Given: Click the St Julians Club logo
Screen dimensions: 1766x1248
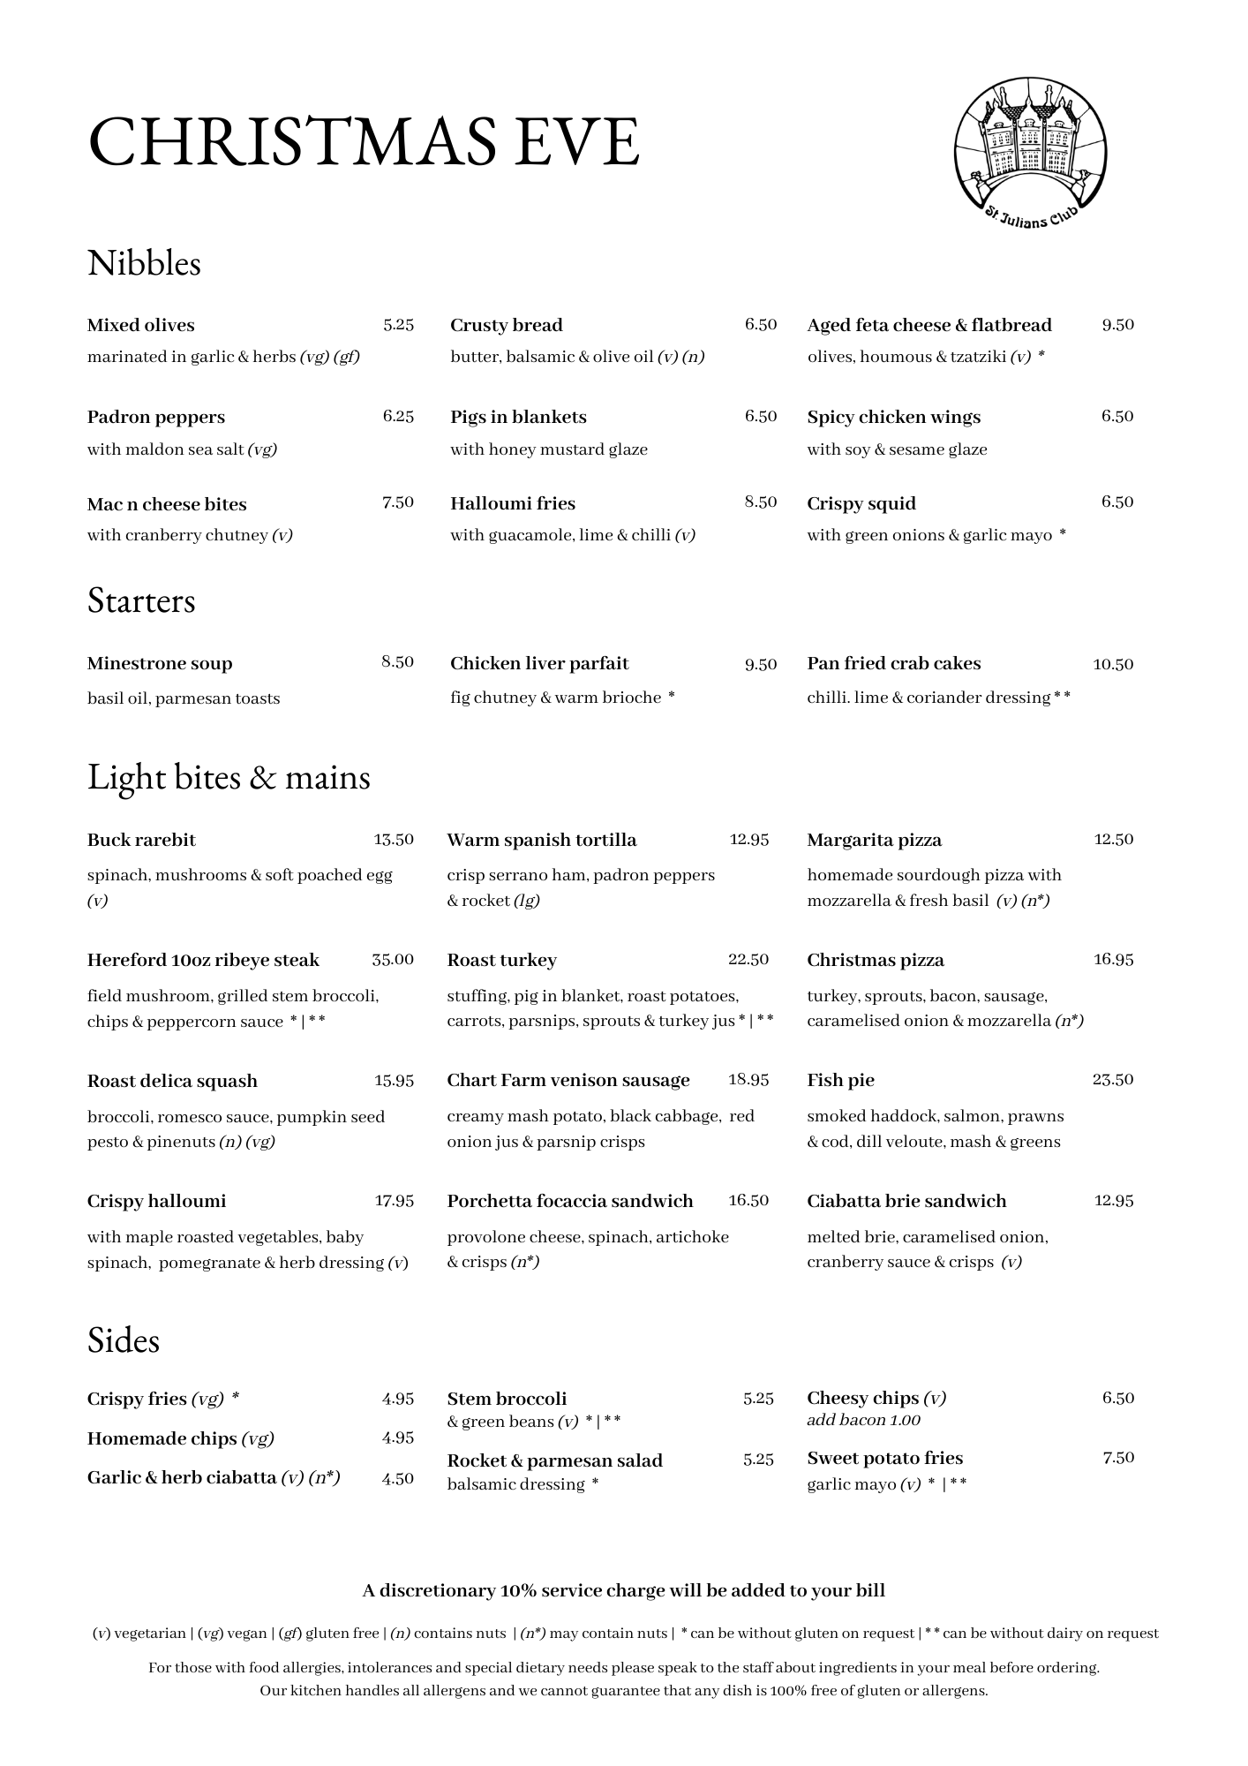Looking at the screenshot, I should coord(1030,155).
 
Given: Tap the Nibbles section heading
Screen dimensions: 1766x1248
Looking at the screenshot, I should coord(144,263).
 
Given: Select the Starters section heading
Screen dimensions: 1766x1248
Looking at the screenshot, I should coord(141,601).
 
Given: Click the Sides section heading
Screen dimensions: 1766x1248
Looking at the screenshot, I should coord(124,1340).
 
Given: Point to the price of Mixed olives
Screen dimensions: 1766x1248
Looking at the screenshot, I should coord(398,325).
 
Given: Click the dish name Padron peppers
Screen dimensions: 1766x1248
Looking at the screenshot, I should coord(156,417).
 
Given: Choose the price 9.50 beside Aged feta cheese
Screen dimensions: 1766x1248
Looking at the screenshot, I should coord(1117,325).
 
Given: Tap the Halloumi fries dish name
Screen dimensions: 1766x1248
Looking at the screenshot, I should coord(513,503).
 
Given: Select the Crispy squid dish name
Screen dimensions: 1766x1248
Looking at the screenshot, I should coord(861,503).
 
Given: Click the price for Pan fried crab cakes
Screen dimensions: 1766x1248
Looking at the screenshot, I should coord(1113,664).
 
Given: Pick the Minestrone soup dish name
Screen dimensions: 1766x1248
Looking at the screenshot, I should coord(160,663).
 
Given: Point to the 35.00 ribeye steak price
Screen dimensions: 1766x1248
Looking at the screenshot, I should coord(393,960).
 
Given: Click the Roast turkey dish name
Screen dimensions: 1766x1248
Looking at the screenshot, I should coord(502,960).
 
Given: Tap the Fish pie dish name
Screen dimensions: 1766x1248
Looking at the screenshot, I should coord(841,1080).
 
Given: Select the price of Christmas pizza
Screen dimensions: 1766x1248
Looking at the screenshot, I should coord(1113,960).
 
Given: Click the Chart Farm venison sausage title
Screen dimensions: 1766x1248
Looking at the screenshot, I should coord(568,1080).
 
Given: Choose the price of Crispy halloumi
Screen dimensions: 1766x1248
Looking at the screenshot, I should coord(395,1201).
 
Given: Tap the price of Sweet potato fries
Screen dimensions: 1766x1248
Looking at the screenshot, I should coord(1118,1458).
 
